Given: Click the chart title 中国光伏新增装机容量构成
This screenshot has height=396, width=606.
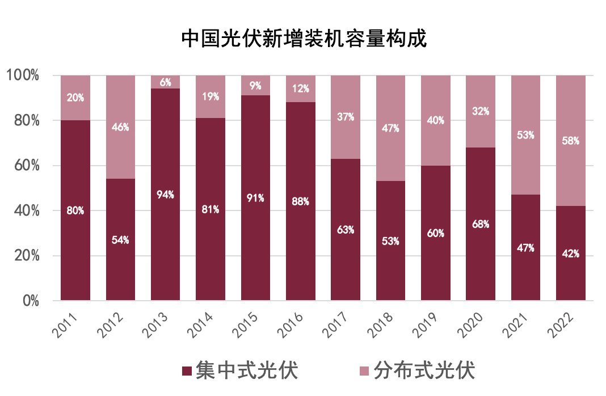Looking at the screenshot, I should click(x=304, y=39).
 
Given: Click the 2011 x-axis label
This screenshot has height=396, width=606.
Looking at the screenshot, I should click(x=69, y=324).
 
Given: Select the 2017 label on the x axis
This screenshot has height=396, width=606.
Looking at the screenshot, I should click(x=338, y=324).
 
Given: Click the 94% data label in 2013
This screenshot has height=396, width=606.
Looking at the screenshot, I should click(x=165, y=195).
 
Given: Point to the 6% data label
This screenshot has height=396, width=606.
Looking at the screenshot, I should click(x=165, y=82).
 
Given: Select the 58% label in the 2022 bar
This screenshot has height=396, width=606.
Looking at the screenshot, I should click(x=570, y=141).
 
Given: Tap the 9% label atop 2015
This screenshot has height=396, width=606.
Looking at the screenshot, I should click(x=255, y=86).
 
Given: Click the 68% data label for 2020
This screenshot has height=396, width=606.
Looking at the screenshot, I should click(x=480, y=224).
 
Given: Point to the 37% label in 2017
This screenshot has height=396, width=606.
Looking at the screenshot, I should click(x=345, y=117).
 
